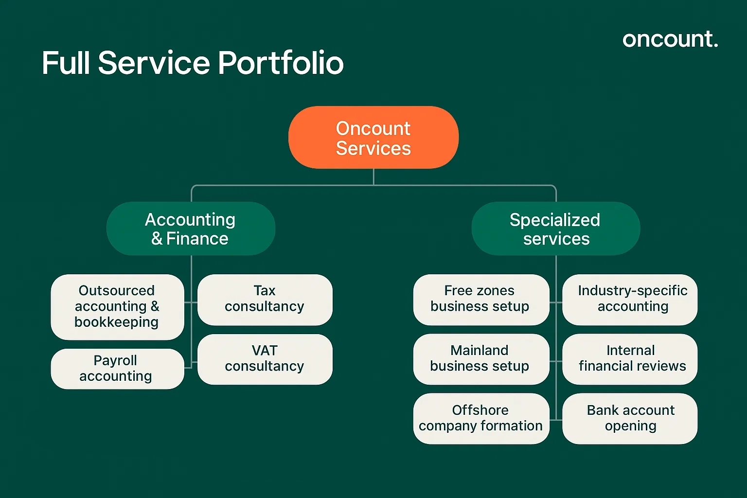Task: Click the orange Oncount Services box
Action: click(373, 138)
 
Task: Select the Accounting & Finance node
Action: click(191, 229)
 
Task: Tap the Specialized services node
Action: click(555, 229)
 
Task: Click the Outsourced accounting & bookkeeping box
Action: click(117, 306)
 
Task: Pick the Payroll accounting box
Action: click(117, 369)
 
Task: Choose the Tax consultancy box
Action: click(265, 299)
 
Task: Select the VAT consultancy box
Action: click(265, 359)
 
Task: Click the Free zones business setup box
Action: click(480, 299)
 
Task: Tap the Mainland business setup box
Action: click(480, 359)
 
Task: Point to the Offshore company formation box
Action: click(480, 418)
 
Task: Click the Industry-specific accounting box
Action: click(630, 299)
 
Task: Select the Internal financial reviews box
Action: click(630, 359)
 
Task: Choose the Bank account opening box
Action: click(630, 418)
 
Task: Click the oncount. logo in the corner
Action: click(670, 39)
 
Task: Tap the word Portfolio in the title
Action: click(281, 63)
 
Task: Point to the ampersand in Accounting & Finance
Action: click(157, 239)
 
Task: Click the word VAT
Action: click(265, 351)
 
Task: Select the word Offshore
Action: click(480, 410)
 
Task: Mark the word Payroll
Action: click(115, 360)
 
